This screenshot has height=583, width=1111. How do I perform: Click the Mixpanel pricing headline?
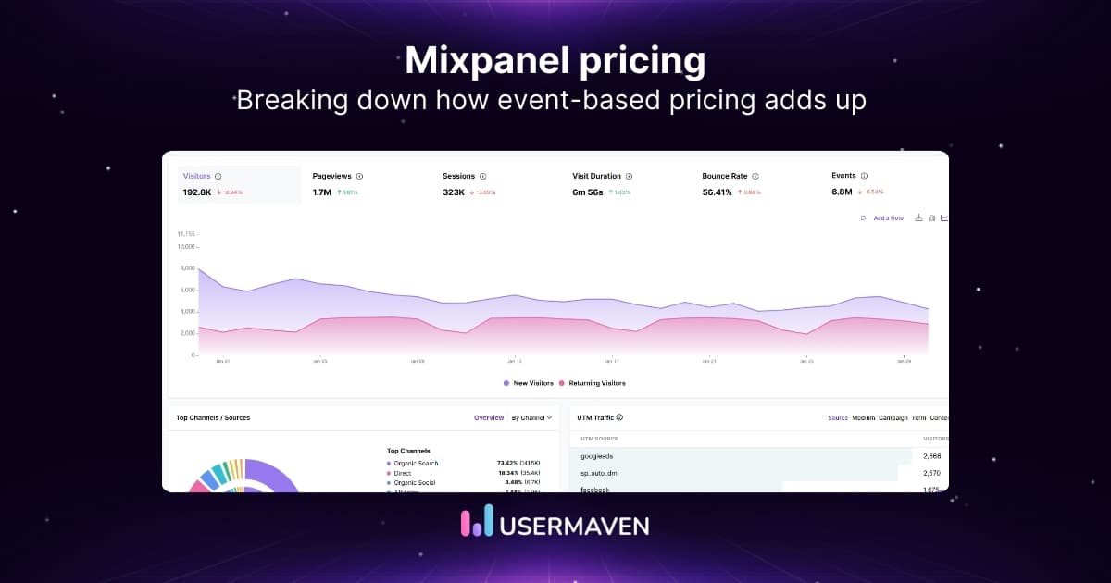tap(555, 61)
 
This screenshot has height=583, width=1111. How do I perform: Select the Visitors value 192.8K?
tap(197, 192)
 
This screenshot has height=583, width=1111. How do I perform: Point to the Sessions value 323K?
tap(454, 192)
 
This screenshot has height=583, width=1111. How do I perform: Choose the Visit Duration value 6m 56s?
tap(587, 192)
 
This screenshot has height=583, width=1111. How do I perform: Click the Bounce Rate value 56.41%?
tap(717, 192)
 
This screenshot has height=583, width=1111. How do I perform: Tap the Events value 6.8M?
tap(842, 192)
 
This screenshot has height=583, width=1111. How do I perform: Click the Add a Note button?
tap(887, 218)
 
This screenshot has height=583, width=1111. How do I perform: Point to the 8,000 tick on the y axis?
tap(187, 268)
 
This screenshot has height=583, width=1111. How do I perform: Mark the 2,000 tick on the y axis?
tap(187, 333)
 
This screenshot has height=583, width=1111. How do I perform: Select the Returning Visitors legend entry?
tap(595, 383)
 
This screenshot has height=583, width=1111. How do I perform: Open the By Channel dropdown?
tap(531, 418)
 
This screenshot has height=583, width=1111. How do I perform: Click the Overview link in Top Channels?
tap(489, 418)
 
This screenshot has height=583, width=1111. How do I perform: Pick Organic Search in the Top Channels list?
tap(415, 463)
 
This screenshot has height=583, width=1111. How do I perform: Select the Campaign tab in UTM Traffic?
tap(893, 418)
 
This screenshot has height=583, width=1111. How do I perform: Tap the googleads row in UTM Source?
tap(596, 456)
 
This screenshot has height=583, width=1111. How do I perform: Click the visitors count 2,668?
tap(930, 456)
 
